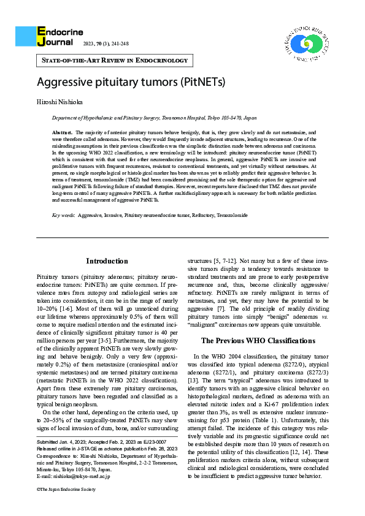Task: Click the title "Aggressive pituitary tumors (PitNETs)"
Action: [131, 82]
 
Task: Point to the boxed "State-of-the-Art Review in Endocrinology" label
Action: [115, 61]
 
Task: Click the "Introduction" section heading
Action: [107, 261]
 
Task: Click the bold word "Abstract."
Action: [63, 132]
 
